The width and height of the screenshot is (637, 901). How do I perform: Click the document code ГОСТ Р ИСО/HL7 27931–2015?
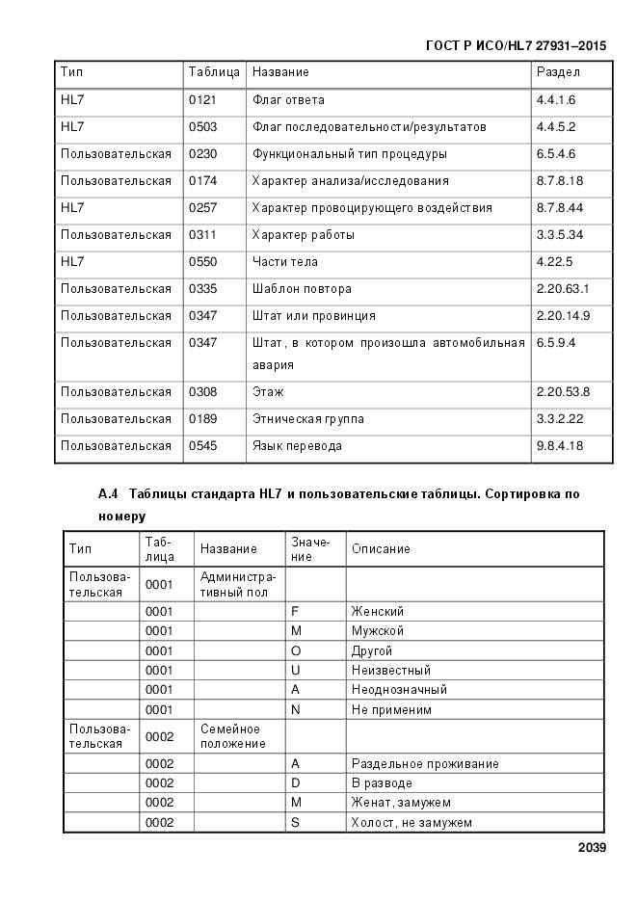pos(516,45)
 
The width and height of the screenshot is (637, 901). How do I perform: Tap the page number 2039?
pos(592,848)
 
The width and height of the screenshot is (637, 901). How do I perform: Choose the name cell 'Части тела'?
pos(284,262)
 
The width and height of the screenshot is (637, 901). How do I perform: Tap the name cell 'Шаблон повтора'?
pos(302,289)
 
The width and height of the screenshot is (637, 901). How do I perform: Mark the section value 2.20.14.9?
pos(563,316)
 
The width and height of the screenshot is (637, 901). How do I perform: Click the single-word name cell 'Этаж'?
pos(268,392)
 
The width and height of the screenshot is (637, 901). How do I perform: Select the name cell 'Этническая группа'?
pos(307,419)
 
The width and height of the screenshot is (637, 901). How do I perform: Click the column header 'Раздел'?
pos(558,72)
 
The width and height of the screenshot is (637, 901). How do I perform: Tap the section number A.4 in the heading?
pos(108,494)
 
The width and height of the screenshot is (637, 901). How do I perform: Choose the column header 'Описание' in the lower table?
pos(381,549)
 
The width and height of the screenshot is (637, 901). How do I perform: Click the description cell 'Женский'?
pos(378,612)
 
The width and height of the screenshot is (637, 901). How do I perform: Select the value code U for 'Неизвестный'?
pos(296,671)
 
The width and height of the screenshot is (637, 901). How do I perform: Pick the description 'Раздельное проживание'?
pos(425,764)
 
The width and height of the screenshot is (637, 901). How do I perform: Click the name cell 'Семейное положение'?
pos(232,736)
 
